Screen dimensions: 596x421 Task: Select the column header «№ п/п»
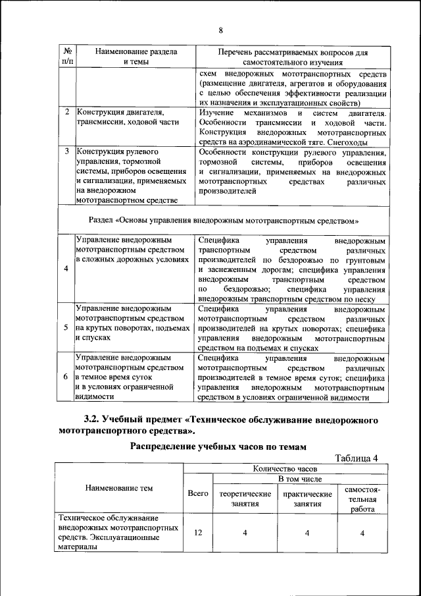coord(67,56)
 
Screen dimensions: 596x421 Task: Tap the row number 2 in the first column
coord(67,112)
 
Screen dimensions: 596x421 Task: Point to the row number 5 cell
coord(66,327)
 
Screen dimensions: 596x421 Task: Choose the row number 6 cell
coord(66,377)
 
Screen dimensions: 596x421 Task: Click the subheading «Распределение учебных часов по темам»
coord(218,447)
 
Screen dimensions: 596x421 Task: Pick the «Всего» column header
coord(198,493)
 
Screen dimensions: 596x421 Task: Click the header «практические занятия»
coord(307,499)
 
